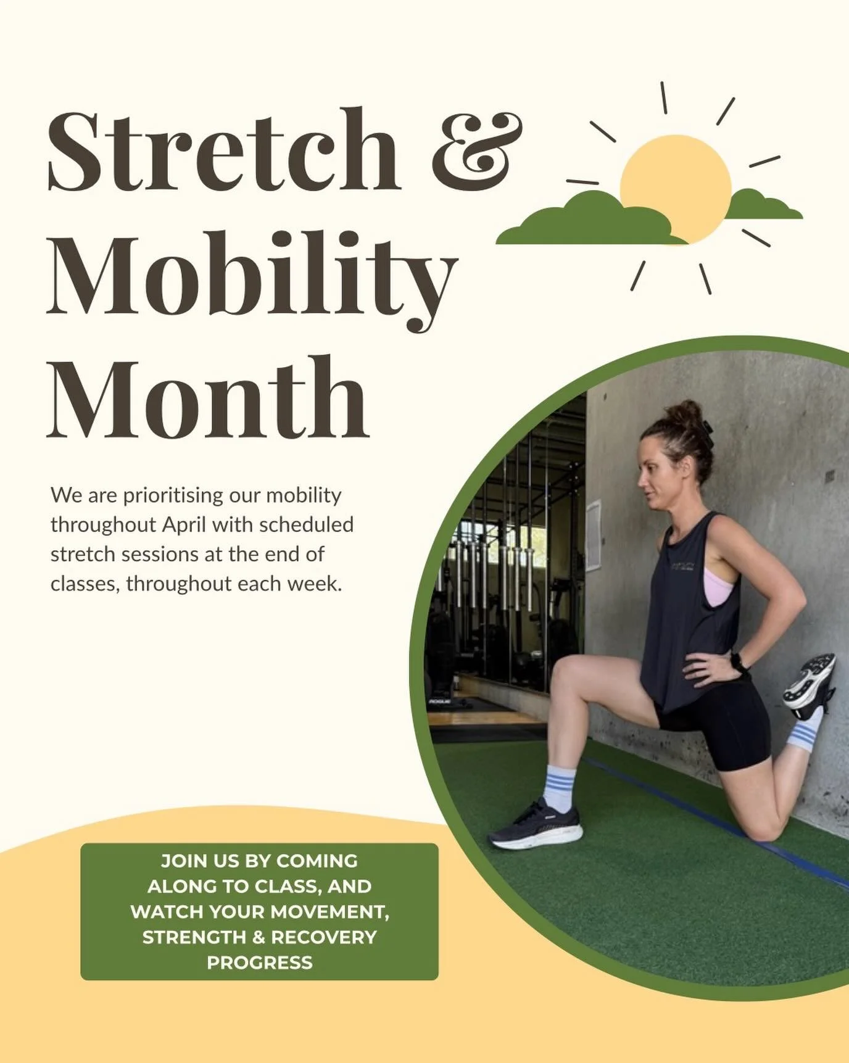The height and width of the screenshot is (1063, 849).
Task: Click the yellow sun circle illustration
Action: tap(675, 185)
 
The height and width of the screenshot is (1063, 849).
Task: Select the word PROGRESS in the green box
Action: tap(259, 962)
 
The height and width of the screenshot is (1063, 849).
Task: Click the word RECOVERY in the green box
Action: tap(324, 937)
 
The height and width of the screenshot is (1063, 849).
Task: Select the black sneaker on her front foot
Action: tap(536, 824)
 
